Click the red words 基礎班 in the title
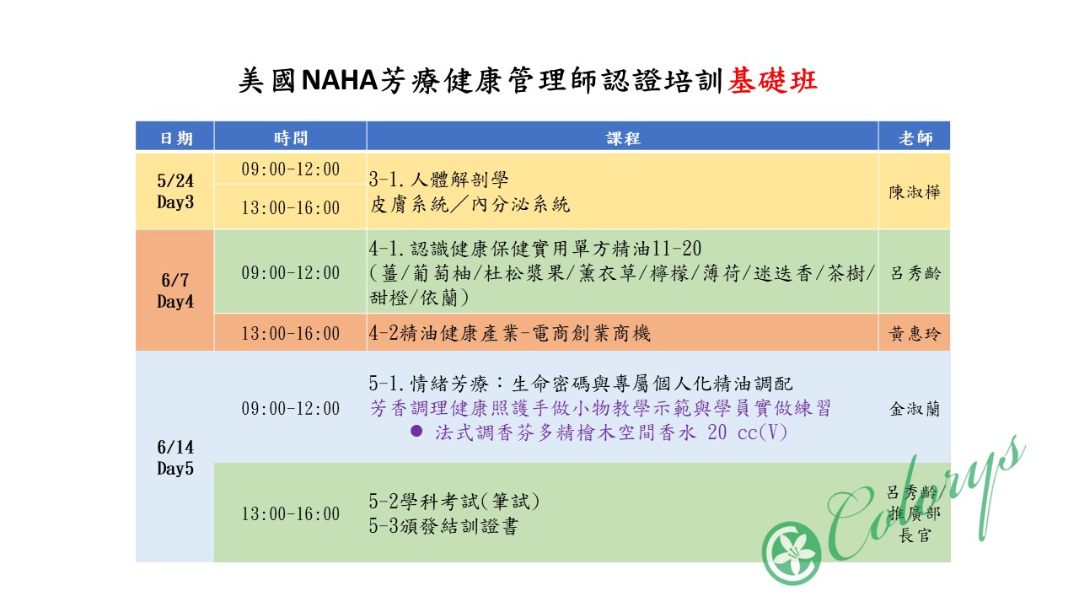[772, 81]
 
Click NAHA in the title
[339, 80]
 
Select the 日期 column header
[176, 138]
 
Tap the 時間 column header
[291, 138]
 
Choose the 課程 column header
[623, 138]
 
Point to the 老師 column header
[915, 138]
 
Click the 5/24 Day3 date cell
[175, 191]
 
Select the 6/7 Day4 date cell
[175, 291]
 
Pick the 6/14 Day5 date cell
[175, 457]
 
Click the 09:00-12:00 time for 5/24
[291, 169]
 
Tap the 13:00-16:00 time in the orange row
[291, 333]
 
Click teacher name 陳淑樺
[915, 191]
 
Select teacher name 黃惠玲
[915, 333]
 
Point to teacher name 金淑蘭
[915, 409]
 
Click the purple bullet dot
[416, 431]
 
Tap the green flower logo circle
[792, 552]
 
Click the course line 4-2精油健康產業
[510, 333]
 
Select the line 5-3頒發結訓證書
[443, 526]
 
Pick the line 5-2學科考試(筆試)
[454, 502]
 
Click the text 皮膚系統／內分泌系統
[470, 205]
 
